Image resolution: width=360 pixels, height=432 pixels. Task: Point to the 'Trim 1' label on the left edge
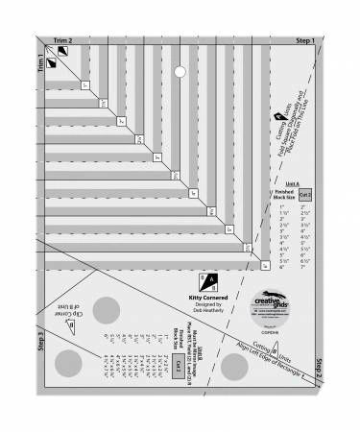click(x=40, y=67)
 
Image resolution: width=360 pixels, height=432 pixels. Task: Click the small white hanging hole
click(x=179, y=70)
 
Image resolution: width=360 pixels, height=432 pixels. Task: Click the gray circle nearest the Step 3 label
click(x=68, y=362)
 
